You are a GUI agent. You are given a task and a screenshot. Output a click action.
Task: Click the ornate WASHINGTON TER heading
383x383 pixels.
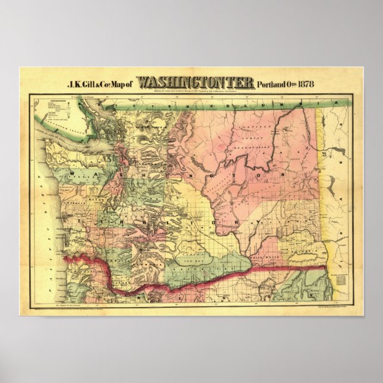196,82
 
